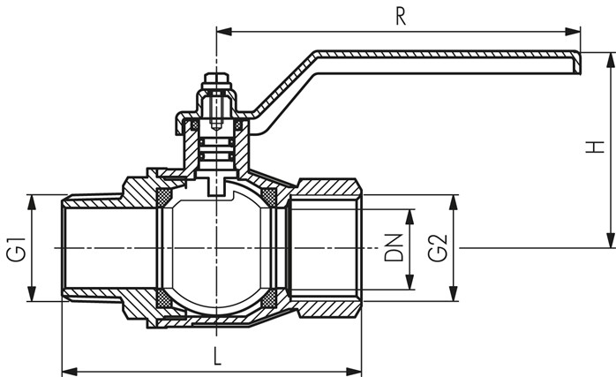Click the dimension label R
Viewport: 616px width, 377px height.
[401, 17]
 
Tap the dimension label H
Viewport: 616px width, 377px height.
[595, 147]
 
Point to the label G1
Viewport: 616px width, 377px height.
[16, 249]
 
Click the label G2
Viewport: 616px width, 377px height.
[437, 248]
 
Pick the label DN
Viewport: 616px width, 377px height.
[394, 248]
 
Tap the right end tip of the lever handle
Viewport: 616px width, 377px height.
[580, 63]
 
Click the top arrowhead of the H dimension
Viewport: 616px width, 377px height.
[611, 60]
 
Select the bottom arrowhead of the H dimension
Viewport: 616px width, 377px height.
[611, 240]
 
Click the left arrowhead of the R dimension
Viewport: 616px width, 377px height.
[224, 32]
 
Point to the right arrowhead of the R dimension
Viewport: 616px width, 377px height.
[573, 32]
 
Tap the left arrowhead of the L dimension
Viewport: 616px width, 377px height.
[70, 371]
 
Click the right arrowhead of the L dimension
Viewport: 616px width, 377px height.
[354, 371]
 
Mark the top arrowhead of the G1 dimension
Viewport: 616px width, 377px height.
[32, 202]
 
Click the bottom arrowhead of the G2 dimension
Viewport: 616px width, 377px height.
[454, 294]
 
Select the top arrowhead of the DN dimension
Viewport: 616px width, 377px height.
[409, 217]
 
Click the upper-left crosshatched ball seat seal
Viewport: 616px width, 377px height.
[164, 197]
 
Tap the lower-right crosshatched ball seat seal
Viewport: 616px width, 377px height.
[268, 299]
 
